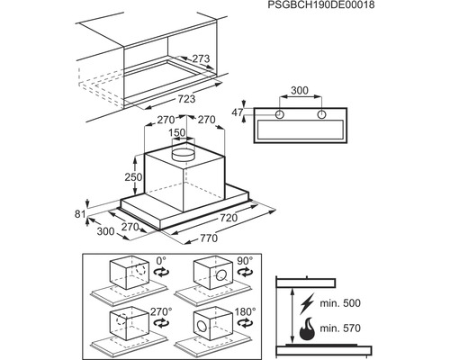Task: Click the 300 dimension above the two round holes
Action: tap(300, 92)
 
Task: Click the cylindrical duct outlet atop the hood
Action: tap(184, 155)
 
